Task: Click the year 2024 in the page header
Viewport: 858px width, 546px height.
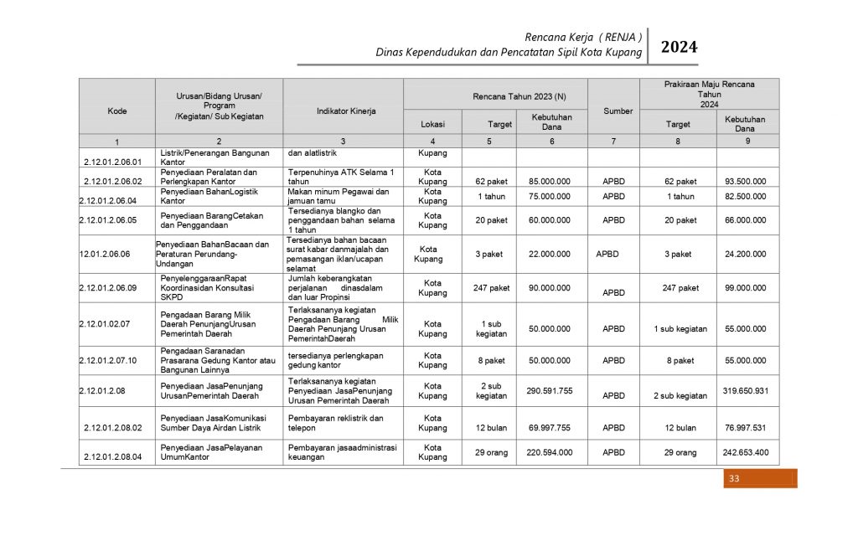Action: coord(679,48)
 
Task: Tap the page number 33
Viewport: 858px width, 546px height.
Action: coord(734,479)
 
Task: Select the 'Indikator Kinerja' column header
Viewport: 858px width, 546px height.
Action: coord(346,111)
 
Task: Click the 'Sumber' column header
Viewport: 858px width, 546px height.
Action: coord(618,111)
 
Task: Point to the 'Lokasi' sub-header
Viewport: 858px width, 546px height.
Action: coord(432,124)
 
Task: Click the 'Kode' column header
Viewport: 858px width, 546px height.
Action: coord(117,111)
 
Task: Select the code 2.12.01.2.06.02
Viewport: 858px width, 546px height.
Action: coord(112,181)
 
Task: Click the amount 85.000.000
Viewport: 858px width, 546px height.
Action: coord(550,181)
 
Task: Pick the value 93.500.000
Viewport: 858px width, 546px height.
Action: coord(745,181)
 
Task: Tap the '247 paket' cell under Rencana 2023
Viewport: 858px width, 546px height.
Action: coord(491,288)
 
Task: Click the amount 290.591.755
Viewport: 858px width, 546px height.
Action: coord(550,390)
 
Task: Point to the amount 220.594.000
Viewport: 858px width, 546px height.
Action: coord(550,452)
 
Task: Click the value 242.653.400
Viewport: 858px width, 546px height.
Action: coord(746,452)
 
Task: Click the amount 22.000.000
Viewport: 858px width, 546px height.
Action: coord(550,254)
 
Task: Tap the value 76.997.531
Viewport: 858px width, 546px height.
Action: coord(746,427)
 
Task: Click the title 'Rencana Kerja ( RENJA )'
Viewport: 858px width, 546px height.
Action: coord(583,37)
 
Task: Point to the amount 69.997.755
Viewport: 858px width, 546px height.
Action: coord(550,427)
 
